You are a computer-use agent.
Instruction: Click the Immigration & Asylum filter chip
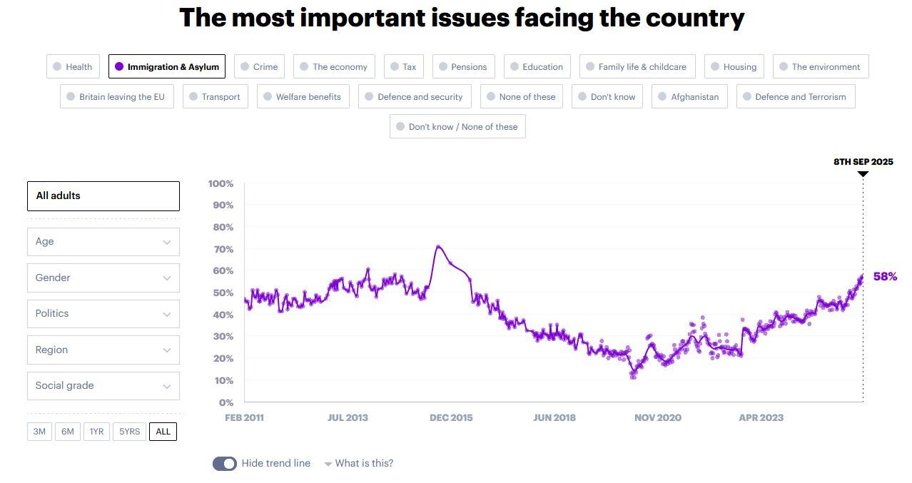click(x=167, y=67)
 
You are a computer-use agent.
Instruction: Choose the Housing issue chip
click(x=734, y=67)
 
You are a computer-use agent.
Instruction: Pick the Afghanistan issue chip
click(x=689, y=97)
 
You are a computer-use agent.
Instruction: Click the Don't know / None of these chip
click(x=457, y=127)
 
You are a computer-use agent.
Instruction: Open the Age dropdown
click(x=103, y=242)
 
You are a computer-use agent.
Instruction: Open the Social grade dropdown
click(x=103, y=386)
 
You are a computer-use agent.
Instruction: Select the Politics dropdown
click(x=103, y=314)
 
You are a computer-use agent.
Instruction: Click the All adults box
click(x=103, y=196)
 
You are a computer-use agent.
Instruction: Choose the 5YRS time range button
click(x=130, y=432)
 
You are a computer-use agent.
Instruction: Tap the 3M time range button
click(x=39, y=432)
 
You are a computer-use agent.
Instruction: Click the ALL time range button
click(x=163, y=432)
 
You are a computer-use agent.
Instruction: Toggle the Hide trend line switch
click(x=225, y=464)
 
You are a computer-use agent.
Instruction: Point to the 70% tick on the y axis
click(x=221, y=249)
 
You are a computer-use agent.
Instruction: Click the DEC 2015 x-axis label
click(x=451, y=417)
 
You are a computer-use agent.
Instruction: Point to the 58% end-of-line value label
click(x=885, y=277)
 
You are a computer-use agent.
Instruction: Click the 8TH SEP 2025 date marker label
click(x=863, y=162)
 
